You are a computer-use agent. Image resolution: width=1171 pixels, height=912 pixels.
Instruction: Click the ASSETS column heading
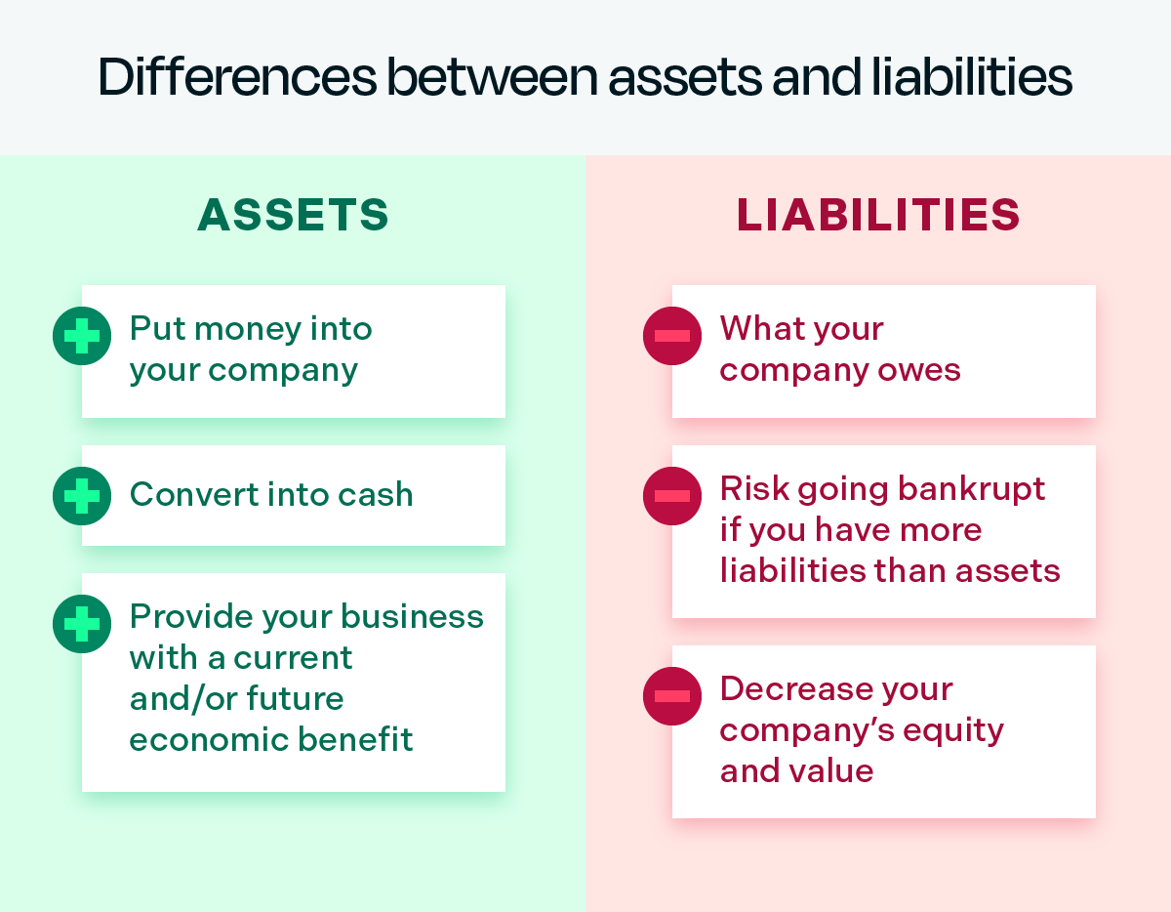(x=293, y=216)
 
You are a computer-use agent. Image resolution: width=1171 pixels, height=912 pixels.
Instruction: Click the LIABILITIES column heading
(x=878, y=216)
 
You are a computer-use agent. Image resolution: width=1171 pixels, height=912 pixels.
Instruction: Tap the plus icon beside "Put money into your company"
(x=82, y=336)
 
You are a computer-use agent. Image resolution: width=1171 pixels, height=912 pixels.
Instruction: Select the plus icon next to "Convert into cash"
(x=82, y=496)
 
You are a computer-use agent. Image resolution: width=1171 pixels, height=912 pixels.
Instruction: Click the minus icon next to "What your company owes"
(x=672, y=336)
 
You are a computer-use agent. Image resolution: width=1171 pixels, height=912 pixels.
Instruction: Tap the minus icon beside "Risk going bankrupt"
(x=672, y=496)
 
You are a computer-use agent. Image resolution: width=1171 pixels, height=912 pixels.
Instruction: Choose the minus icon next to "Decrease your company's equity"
(x=672, y=696)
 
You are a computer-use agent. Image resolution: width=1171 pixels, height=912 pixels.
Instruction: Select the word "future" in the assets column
(x=295, y=699)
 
